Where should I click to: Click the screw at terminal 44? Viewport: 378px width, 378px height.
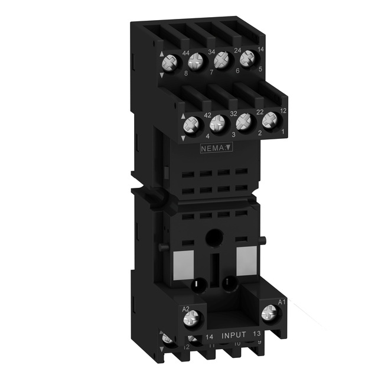173,62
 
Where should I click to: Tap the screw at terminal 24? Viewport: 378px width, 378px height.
222,59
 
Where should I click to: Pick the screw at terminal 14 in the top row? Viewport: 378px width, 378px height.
246,57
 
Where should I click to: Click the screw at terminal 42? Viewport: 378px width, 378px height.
193,124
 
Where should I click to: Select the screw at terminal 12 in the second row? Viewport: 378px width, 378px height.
269,119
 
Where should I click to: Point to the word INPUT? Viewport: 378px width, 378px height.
234,335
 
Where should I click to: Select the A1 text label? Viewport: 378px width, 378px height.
282,303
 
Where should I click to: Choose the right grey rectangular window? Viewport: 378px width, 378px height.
245,258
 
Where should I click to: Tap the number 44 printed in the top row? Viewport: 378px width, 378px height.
185,53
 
